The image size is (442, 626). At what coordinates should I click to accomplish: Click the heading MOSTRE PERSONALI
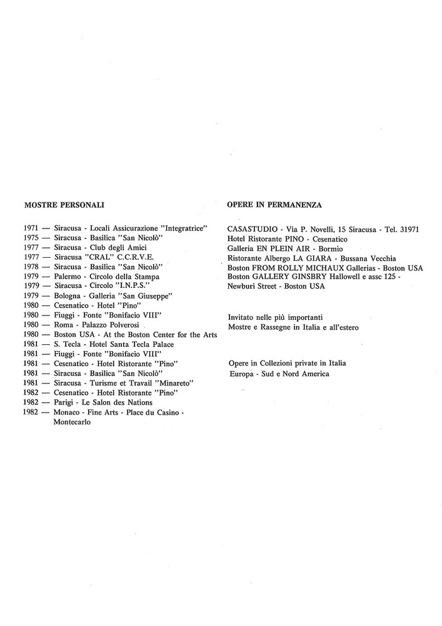click(x=64, y=205)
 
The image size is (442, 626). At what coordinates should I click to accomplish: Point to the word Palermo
click(x=68, y=276)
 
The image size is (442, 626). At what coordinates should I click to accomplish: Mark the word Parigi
click(x=65, y=402)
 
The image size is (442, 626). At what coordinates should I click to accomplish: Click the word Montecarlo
click(x=73, y=422)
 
